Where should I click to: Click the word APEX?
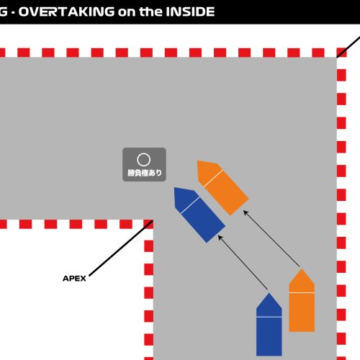pos(74,279)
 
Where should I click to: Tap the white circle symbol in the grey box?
pos(144,160)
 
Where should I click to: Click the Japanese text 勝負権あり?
pos(145,173)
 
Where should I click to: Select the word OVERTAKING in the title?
pos(66,12)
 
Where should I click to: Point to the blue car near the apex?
pos(199,215)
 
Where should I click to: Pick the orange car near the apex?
pos(222,188)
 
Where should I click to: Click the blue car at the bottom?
pos(269,324)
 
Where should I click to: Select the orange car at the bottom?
pos(302,300)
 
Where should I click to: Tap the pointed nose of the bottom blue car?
pos(269,293)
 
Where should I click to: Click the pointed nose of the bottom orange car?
pos(302,269)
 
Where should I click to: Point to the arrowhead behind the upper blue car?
pos(220,238)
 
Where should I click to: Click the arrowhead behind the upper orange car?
pos(246,212)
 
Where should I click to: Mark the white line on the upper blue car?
pos(190,205)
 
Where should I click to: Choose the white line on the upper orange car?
pos(213,179)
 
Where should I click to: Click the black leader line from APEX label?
pos(121,248)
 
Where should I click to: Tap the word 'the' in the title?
pos(150,12)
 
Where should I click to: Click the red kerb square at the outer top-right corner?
pos(341,53)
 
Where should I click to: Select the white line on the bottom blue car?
pos(269,317)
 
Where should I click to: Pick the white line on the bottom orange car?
pos(302,293)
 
